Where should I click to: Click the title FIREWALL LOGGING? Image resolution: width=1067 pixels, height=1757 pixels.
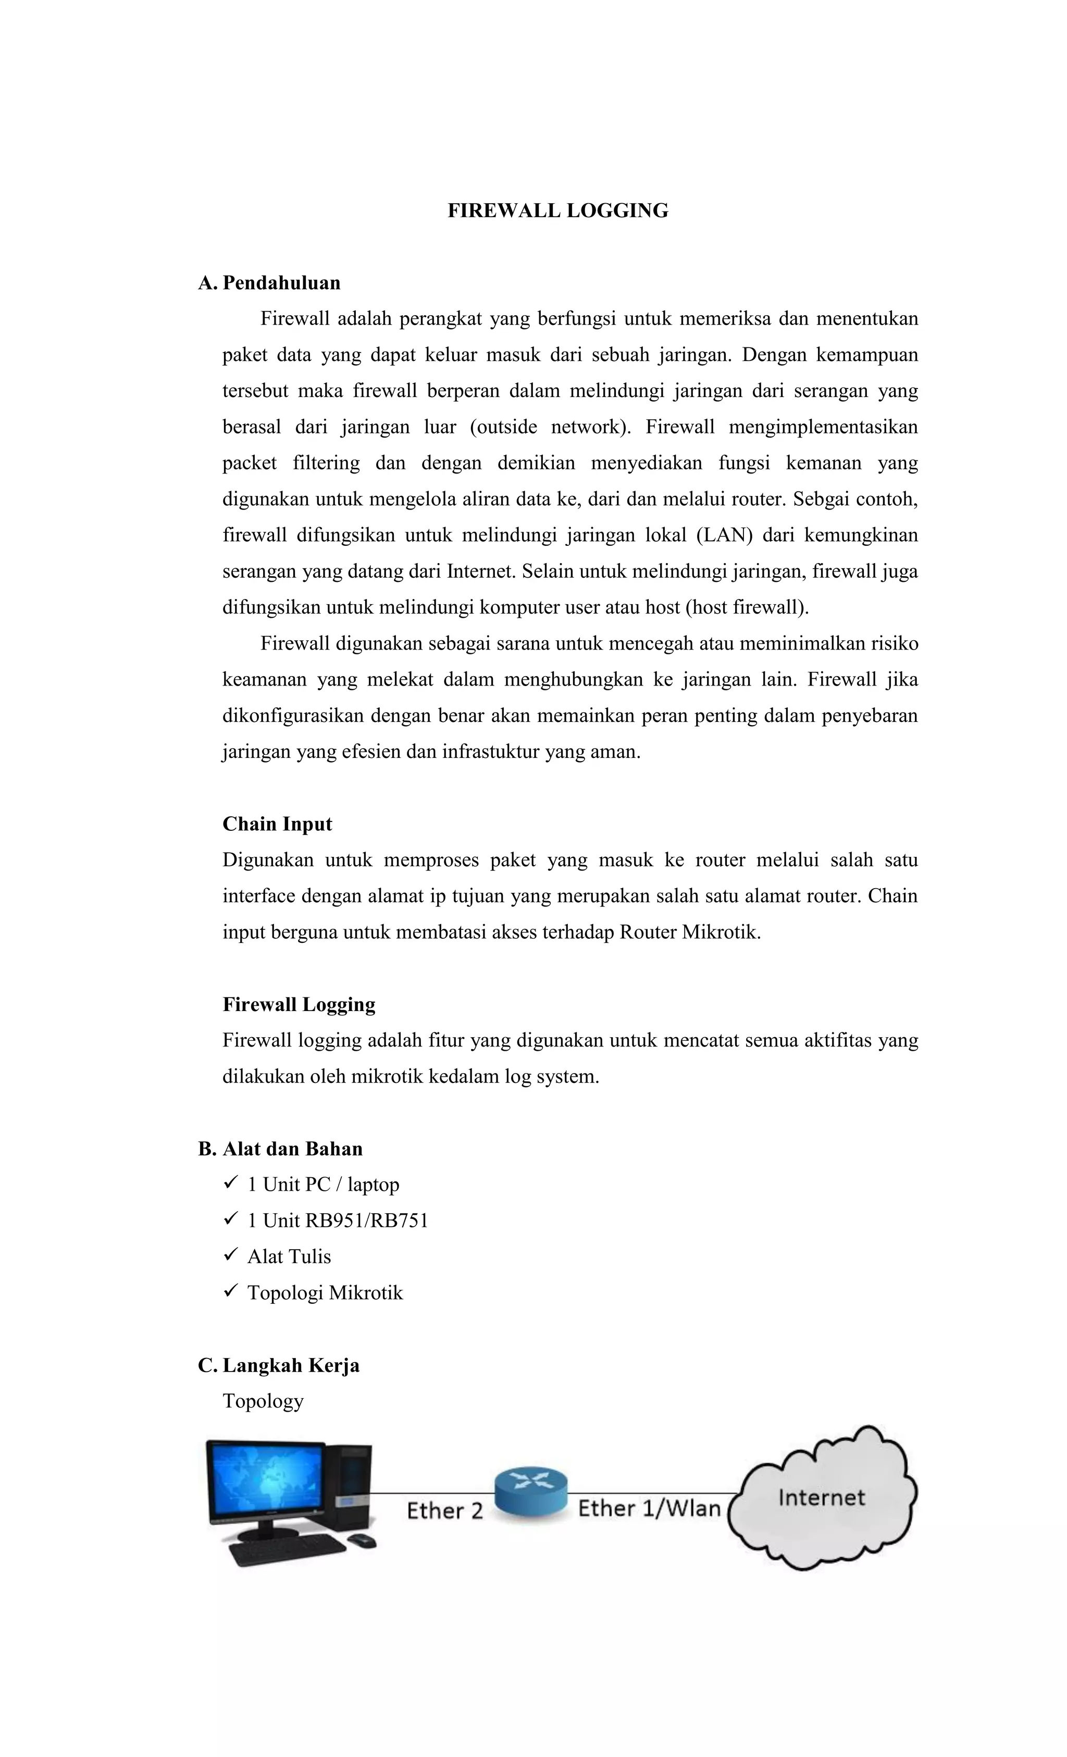(557, 210)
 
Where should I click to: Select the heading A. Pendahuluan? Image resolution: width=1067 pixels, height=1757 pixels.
(269, 283)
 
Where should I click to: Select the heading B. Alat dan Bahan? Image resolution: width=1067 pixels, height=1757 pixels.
(280, 1149)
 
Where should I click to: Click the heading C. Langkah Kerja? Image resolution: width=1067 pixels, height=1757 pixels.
(279, 1365)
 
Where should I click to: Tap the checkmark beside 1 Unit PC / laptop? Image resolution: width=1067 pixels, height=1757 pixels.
(230, 1183)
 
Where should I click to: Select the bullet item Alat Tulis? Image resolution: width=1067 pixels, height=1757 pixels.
(289, 1256)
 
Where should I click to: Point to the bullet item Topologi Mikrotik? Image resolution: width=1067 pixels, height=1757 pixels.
(325, 1293)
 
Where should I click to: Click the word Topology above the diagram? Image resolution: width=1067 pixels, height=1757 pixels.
(263, 1401)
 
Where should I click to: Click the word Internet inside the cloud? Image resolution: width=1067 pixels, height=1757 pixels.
(821, 1498)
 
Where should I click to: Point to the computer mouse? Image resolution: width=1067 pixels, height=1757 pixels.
(362, 1541)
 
